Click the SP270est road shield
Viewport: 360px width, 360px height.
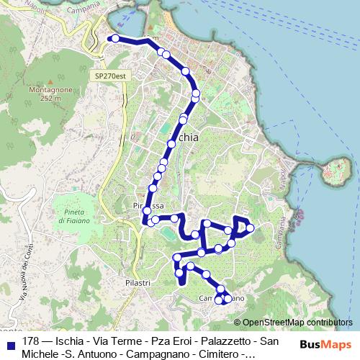(109, 75)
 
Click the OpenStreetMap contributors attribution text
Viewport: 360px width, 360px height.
(297, 323)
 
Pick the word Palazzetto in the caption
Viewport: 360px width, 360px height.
(213, 341)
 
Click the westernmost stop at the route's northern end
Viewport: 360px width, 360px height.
(114, 38)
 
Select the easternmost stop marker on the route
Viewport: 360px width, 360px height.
(250, 228)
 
